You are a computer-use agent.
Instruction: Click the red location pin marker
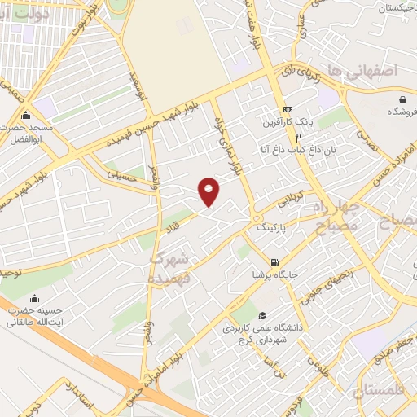tap(209, 191)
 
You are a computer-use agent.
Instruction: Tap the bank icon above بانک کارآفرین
tap(288, 109)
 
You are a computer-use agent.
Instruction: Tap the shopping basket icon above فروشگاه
tap(402, 99)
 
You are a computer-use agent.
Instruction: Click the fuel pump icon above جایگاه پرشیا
tap(274, 262)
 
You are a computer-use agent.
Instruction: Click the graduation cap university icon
tap(261, 315)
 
